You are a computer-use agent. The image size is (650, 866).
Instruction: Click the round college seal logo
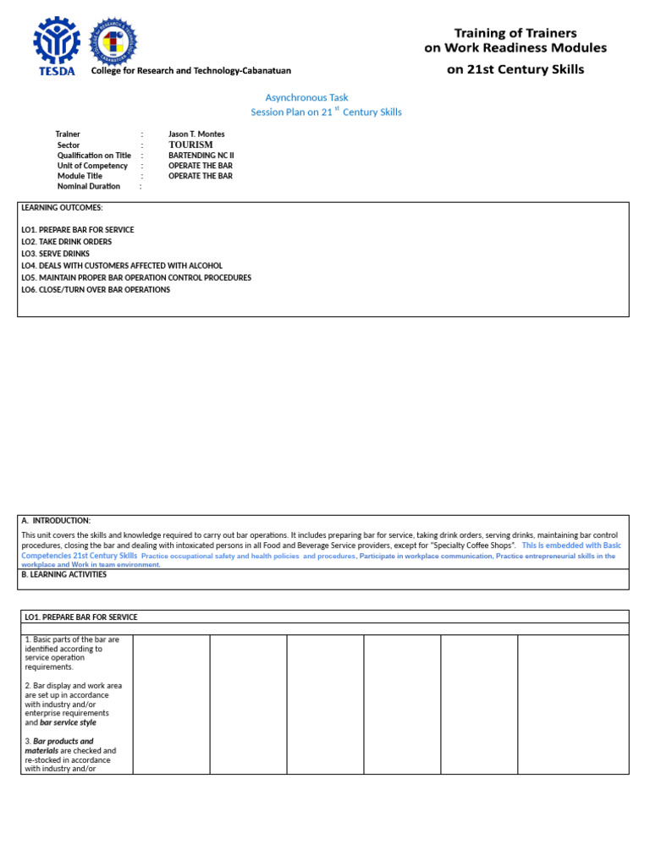click(x=113, y=41)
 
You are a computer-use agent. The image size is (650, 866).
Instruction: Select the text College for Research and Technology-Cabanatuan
click(x=190, y=71)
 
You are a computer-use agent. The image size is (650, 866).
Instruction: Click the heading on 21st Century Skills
click(x=515, y=69)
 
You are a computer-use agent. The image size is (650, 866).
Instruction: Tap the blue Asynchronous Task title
click(x=306, y=98)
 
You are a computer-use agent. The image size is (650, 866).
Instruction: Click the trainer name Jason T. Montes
click(x=196, y=134)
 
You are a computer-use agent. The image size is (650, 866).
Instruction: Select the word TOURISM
click(x=190, y=145)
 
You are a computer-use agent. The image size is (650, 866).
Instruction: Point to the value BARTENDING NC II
click(x=201, y=156)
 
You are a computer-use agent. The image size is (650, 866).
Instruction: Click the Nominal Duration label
click(x=89, y=186)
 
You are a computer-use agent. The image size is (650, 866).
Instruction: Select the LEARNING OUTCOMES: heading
click(x=62, y=207)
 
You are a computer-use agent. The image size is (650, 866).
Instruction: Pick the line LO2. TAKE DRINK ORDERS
click(x=66, y=242)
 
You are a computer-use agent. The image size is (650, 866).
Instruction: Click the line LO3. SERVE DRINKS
click(x=55, y=254)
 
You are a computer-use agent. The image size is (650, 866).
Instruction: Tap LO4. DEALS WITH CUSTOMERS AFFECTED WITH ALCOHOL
click(x=122, y=266)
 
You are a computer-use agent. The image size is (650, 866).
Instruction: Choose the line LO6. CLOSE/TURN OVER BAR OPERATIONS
click(x=96, y=289)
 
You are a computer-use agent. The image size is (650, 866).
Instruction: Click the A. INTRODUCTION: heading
click(x=56, y=520)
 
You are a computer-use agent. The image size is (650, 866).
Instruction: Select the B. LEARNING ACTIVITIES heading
click(x=64, y=574)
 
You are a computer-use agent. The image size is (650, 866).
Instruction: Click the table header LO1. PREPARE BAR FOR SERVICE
click(x=81, y=617)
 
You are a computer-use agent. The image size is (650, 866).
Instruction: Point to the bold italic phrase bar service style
click(x=68, y=723)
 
